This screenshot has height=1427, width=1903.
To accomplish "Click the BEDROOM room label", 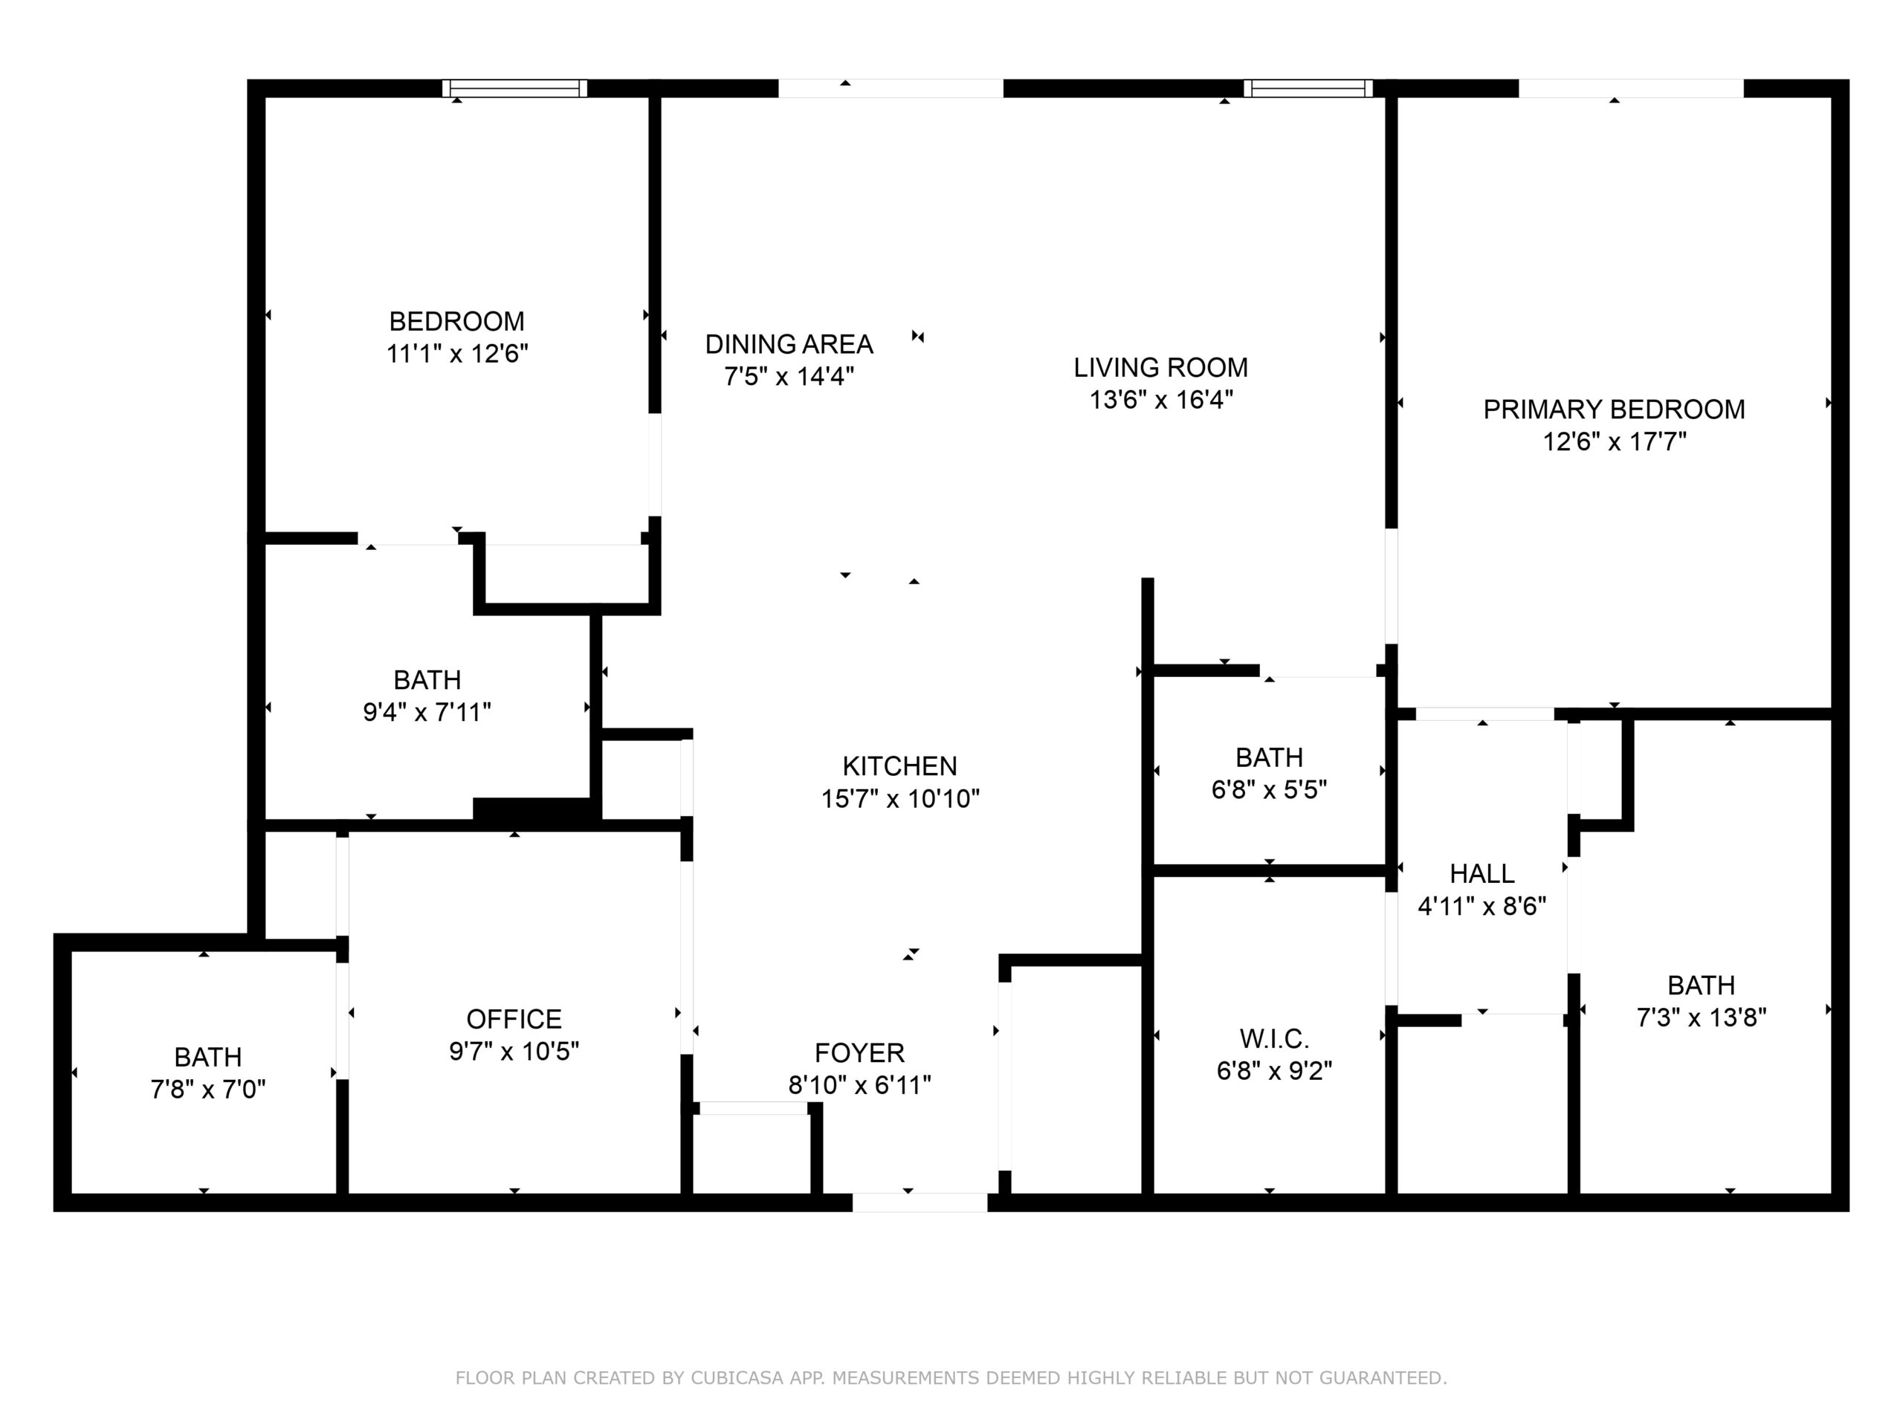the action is (457, 322).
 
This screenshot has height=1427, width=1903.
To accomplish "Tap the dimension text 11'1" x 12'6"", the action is (457, 354).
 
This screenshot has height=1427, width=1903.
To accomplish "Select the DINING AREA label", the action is (789, 345).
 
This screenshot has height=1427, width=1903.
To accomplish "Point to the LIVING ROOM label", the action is (1160, 368).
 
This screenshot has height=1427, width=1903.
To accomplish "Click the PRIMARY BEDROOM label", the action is (1614, 410).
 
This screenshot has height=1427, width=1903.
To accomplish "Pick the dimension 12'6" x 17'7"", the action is (1614, 442).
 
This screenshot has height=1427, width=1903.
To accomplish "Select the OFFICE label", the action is (514, 1019).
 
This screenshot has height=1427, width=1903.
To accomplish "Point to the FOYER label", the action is (859, 1053).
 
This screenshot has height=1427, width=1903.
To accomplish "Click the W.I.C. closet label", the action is (1274, 1039).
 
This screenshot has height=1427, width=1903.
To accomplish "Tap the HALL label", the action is (1482, 874).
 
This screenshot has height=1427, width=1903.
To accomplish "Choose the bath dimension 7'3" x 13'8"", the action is (1701, 1017).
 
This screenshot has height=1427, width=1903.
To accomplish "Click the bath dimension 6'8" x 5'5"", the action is (1269, 789).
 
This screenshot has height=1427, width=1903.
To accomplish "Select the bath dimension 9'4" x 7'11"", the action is (427, 712).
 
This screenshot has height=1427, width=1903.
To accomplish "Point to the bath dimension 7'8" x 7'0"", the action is (208, 1090).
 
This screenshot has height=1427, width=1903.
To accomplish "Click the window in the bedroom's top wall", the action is (514, 88).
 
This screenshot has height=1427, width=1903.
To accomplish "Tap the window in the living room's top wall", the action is (1308, 88).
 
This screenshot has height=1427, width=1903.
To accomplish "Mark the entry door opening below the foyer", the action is (920, 1203).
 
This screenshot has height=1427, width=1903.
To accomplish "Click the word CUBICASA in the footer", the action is (737, 1378).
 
